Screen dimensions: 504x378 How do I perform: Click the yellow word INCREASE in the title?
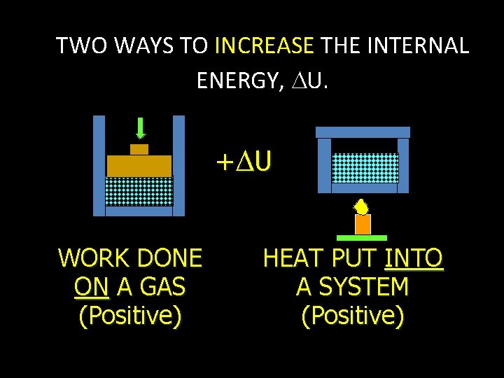(x=264, y=46)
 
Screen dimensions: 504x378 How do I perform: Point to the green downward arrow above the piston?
(x=141, y=128)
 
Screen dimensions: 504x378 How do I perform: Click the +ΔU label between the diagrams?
(x=243, y=162)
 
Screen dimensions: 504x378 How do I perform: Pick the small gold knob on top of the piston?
(x=139, y=149)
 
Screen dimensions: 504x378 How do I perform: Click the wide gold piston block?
(x=139, y=165)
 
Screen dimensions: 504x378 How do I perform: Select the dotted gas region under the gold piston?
(x=139, y=191)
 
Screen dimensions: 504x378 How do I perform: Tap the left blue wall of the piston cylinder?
(x=99, y=165)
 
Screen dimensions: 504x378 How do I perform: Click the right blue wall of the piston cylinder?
(x=178, y=165)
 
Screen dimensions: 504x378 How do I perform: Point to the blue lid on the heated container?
(x=363, y=132)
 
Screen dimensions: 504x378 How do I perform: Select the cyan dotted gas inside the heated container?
(x=364, y=168)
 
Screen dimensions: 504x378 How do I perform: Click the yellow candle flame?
(x=361, y=206)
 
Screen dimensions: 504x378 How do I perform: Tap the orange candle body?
(x=363, y=224)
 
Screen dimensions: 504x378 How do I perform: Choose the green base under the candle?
(x=362, y=238)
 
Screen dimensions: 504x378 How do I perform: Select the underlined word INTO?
(x=414, y=259)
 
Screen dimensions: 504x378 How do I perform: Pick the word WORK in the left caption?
(x=92, y=259)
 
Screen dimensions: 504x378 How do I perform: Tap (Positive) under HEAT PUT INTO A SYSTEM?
(x=352, y=316)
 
